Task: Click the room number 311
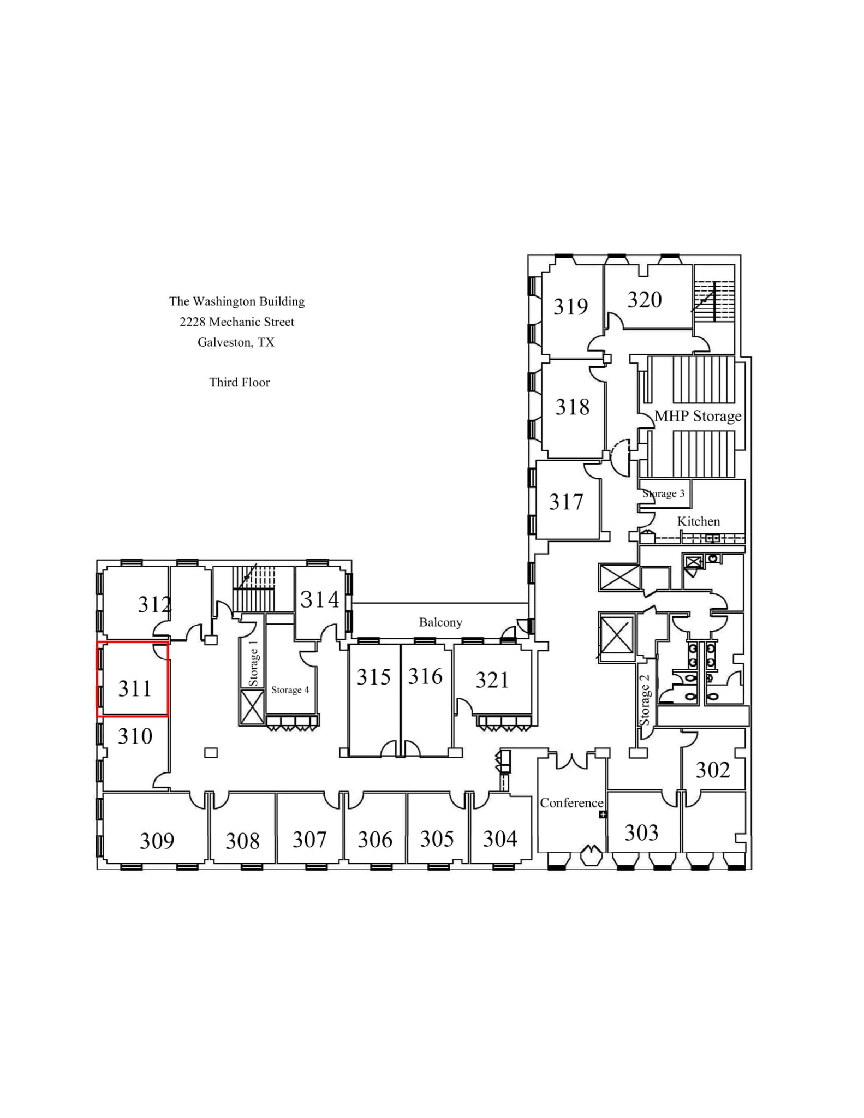pos(135,688)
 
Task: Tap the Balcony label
pos(440,622)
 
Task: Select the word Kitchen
pos(698,521)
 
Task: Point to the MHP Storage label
pos(698,416)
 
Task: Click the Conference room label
pos(571,802)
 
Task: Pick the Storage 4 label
pos(290,690)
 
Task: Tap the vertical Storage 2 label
pos(645,701)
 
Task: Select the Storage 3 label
pos(663,493)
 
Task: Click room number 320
pos(644,300)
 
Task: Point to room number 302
pos(712,770)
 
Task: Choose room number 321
pos(492,680)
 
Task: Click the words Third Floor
pos(239,382)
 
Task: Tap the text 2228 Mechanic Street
pos(236,322)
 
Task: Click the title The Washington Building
pos(236,301)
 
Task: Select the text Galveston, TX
pos(236,342)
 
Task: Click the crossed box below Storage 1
pos(252,707)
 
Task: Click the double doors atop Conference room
pos(571,759)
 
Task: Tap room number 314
pos(319,600)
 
